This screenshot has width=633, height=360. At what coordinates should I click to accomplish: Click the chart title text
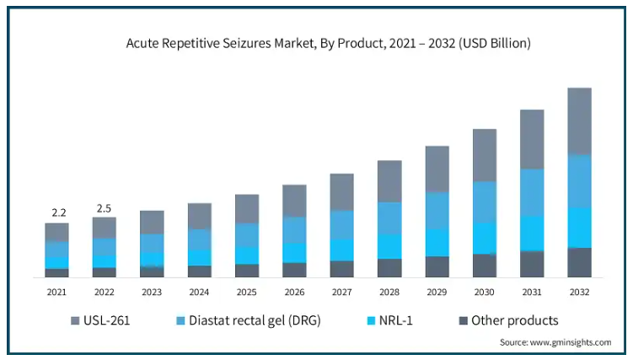pyautogui.click(x=316, y=42)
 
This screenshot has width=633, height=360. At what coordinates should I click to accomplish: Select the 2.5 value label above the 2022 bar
pyautogui.click(x=104, y=207)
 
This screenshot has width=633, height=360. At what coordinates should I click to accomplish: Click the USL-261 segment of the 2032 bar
pyautogui.click(x=579, y=121)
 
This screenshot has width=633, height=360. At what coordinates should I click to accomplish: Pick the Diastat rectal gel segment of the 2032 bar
pyautogui.click(x=579, y=181)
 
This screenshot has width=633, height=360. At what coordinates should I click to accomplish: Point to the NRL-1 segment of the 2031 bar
pyautogui.click(x=531, y=233)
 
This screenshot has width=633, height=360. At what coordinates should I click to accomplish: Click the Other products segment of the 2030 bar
pyautogui.click(x=484, y=265)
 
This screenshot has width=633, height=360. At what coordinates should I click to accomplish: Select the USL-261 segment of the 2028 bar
pyautogui.click(x=389, y=181)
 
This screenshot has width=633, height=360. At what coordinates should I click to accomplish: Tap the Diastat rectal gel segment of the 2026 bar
pyautogui.click(x=294, y=230)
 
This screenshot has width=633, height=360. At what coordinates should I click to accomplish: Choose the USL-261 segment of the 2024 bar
pyautogui.click(x=199, y=216)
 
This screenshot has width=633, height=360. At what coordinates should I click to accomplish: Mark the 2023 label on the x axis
pyautogui.click(x=152, y=292)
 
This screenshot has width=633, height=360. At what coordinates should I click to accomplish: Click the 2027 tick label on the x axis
pyautogui.click(x=341, y=292)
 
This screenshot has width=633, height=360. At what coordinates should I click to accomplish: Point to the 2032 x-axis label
pyautogui.click(x=579, y=292)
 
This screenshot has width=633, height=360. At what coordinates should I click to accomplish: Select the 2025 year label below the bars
pyautogui.click(x=247, y=292)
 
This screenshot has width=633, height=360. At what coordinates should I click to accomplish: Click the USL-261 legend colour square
pyautogui.click(x=75, y=320)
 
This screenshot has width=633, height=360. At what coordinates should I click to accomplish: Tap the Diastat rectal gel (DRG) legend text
pyautogui.click(x=255, y=320)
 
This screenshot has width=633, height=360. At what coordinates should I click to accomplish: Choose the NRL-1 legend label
pyautogui.click(x=394, y=320)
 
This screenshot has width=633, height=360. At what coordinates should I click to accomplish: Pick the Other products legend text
pyautogui.click(x=514, y=320)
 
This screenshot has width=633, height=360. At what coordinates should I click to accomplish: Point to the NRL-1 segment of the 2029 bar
pyautogui.click(x=437, y=242)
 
